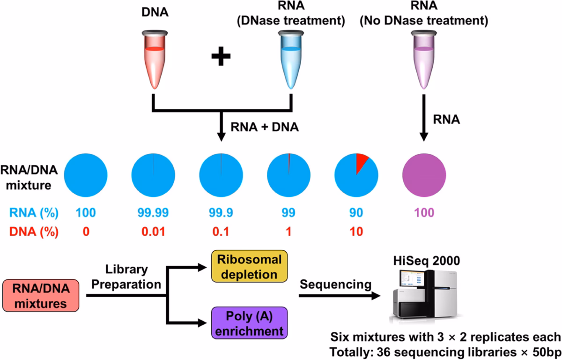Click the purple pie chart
(424, 171)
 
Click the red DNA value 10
(356, 231)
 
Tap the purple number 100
(424, 213)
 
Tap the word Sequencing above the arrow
(335, 285)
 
